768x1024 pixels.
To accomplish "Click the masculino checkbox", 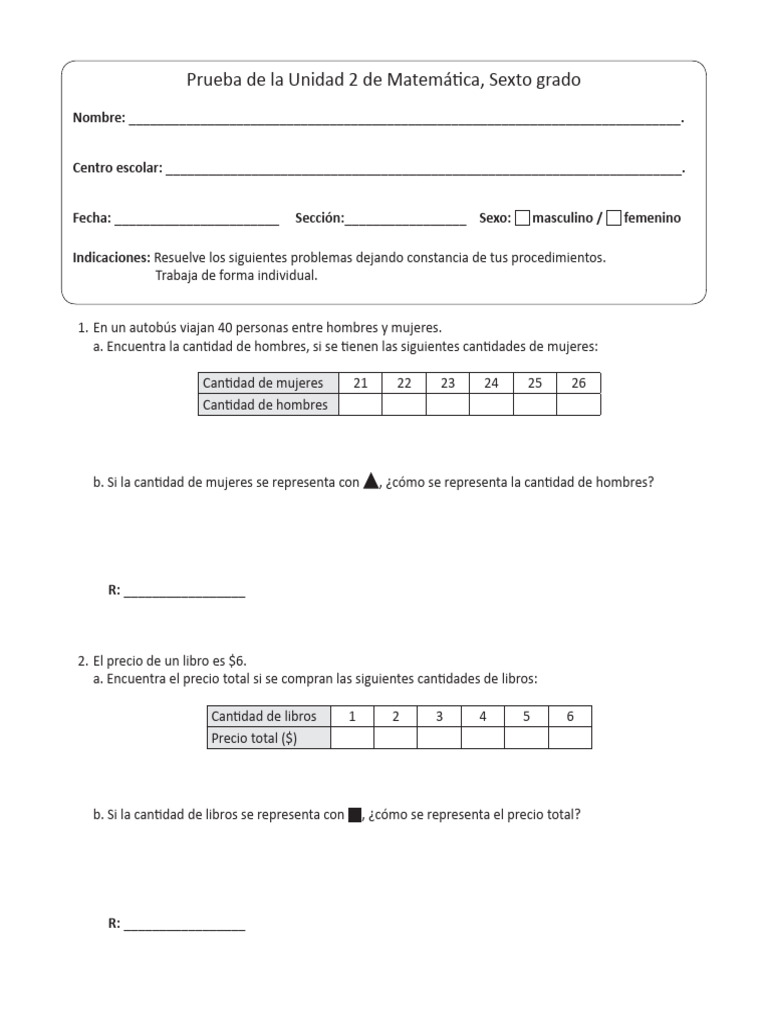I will tap(522, 217).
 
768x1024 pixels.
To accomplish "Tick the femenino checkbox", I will tap(614, 217).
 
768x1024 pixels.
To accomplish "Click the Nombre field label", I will tap(99, 118).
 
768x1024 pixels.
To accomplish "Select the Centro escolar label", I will tap(117, 168).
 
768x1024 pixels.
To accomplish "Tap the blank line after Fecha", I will tap(197, 219).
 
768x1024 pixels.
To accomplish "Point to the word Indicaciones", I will tap(111, 258).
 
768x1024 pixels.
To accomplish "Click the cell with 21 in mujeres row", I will tap(361, 383).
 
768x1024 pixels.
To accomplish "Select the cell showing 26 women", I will tap(579, 383).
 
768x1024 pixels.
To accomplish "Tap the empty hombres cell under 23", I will tap(448, 405).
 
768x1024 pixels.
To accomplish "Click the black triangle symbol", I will tap(371, 481).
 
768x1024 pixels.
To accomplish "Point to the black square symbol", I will tap(354, 815).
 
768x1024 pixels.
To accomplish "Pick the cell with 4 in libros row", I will tap(483, 716).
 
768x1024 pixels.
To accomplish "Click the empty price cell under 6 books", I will tap(570, 738).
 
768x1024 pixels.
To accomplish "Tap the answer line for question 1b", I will tap(184, 592).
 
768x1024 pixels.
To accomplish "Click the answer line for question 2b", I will tap(184, 925).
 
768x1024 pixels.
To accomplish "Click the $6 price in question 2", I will tap(237, 661).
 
